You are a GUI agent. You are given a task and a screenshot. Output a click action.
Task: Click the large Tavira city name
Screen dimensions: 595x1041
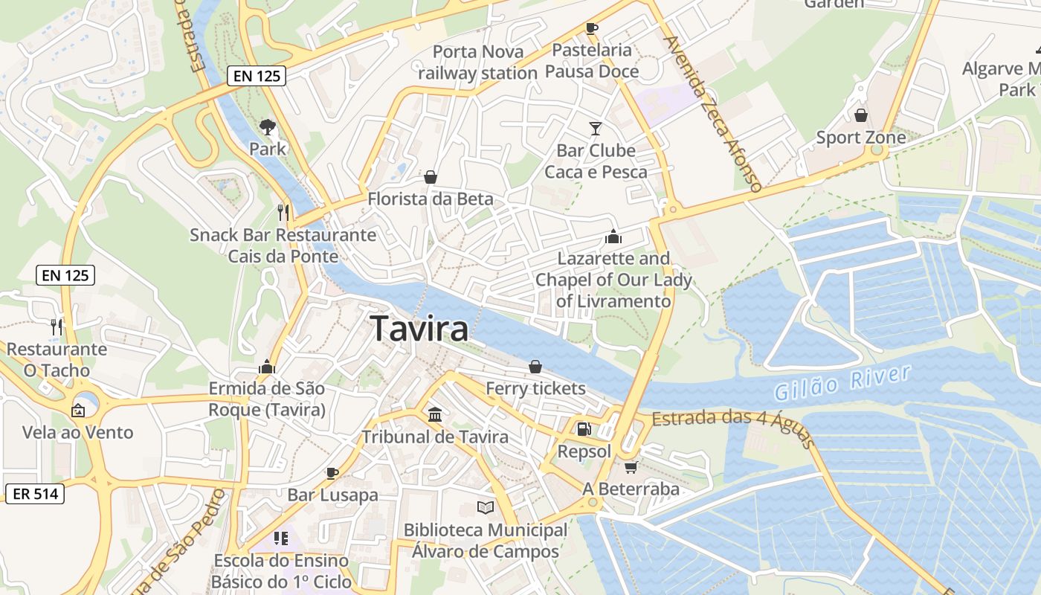[x=419, y=328]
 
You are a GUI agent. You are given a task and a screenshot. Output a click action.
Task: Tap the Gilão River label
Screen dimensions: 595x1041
[x=842, y=382]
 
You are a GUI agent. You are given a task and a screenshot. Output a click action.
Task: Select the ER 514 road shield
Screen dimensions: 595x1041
[x=35, y=493]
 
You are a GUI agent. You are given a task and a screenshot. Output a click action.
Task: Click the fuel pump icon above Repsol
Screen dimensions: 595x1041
[x=584, y=429]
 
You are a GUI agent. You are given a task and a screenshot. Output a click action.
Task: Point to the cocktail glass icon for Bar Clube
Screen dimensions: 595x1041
[x=595, y=129]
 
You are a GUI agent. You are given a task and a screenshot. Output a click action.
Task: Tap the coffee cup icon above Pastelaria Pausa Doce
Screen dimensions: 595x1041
[x=592, y=28]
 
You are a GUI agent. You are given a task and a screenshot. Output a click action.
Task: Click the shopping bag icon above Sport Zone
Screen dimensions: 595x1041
[x=861, y=115]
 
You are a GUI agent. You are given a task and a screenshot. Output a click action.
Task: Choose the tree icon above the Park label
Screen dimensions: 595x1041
[x=267, y=127]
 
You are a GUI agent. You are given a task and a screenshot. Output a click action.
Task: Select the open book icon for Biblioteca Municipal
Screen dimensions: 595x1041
[x=486, y=507]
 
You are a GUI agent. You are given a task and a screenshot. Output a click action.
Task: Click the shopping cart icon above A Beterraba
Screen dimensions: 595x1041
[x=631, y=467]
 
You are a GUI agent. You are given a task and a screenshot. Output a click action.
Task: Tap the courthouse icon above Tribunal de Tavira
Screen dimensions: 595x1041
[x=435, y=414]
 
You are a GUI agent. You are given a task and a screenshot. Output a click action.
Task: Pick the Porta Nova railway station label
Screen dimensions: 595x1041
[x=478, y=62]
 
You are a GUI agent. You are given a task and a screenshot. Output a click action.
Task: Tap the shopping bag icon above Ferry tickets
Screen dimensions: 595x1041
[x=535, y=367]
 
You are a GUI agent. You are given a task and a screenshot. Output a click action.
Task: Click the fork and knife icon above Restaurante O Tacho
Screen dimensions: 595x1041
[x=56, y=326]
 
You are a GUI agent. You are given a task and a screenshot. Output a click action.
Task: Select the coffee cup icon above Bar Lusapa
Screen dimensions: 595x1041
[x=332, y=473]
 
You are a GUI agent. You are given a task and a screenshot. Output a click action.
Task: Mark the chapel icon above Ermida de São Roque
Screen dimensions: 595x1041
[x=266, y=367]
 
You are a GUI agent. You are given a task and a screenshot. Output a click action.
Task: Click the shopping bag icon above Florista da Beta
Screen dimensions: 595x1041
[x=430, y=177]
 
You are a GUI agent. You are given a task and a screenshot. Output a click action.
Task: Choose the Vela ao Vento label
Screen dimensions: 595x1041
[x=77, y=432]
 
